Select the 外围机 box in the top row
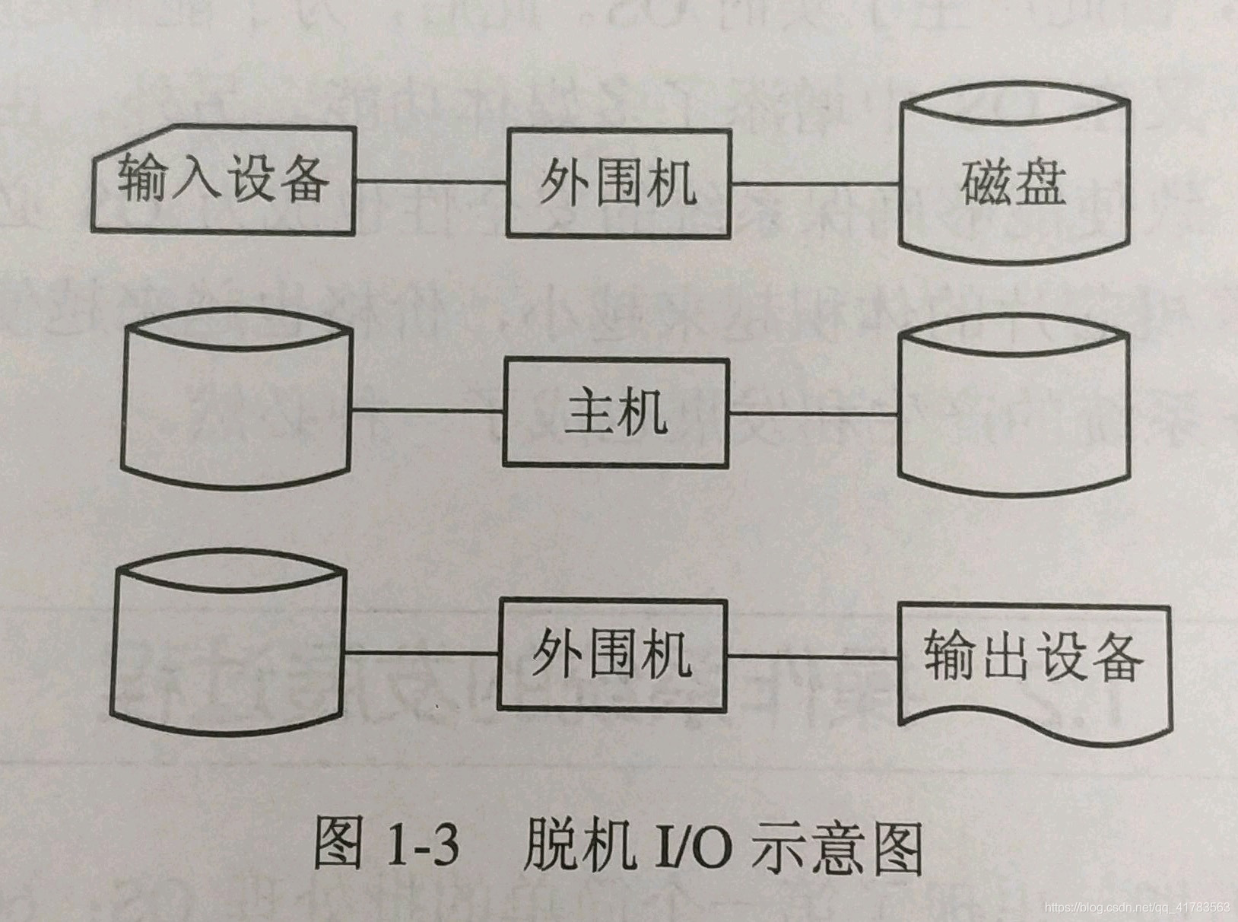[619, 183]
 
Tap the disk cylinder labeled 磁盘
[1013, 183]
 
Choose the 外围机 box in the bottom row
[612, 654]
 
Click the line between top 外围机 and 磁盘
[814, 183]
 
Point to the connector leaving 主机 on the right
[813, 412]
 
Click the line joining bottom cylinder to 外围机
[421, 653]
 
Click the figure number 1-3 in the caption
[422, 847]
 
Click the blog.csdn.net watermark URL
[1137, 908]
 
